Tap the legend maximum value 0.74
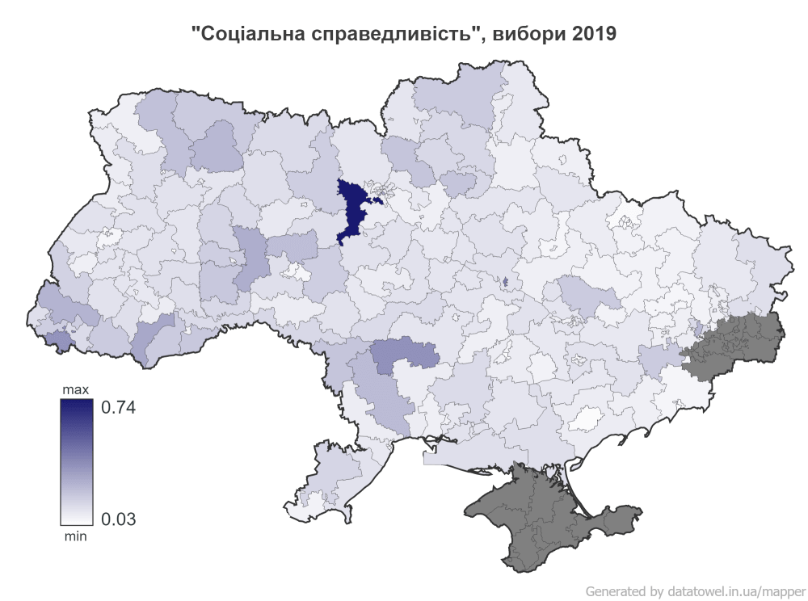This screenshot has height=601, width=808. click(x=116, y=407)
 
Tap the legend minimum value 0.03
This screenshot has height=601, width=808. click(x=118, y=519)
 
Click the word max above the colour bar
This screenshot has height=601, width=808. click(x=76, y=391)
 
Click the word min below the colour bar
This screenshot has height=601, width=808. click(x=75, y=535)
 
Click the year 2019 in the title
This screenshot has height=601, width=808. click(x=592, y=34)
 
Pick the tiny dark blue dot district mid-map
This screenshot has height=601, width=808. click(x=505, y=282)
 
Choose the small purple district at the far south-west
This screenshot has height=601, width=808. click(x=57, y=339)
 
